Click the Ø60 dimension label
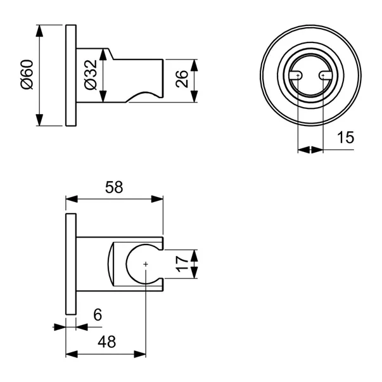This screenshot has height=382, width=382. pos(27,75)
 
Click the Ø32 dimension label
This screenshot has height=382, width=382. pos(91,75)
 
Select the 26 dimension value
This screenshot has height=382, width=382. pos(182,79)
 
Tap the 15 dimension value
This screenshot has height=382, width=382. pos(345,137)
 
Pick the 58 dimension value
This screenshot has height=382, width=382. pos(114,188)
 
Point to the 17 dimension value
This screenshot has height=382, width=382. pos(182,264)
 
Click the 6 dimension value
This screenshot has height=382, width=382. pos(98,315)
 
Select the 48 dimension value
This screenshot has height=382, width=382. pos(106,342)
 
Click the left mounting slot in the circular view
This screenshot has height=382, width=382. pos(296,75)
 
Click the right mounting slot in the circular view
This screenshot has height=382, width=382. pos(325,75)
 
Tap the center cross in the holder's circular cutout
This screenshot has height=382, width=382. pos(146,264)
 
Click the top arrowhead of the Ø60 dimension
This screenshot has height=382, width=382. pos(39,30)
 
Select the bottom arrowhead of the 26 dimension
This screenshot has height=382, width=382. pos(194,96)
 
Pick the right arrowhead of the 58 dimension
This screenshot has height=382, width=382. pos(157,199)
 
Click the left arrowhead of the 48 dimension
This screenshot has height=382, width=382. pos(72,354)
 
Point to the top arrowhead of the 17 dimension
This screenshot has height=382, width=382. pos(194,255)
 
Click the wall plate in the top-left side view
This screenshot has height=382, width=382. pos(71,75)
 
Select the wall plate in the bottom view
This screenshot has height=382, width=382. pos(71,264)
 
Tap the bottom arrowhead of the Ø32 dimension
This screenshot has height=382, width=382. pos(103,96)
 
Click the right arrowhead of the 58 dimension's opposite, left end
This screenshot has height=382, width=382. pos(72,199)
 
